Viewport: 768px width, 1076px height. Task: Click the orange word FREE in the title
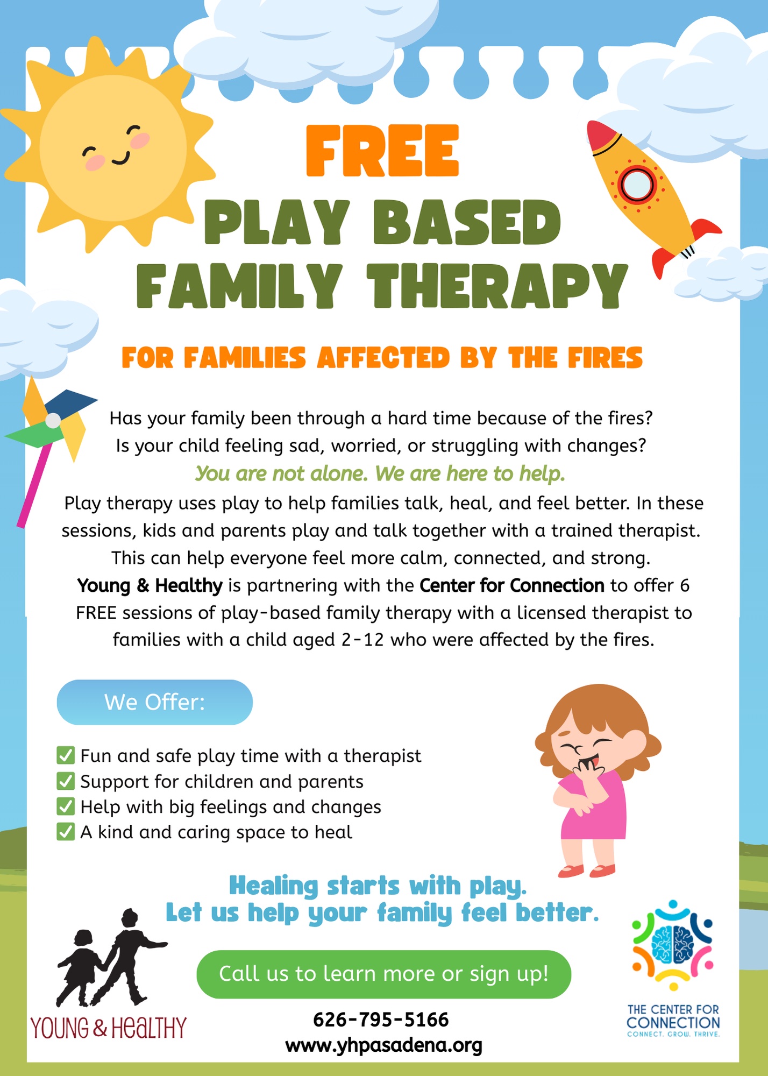(x=382, y=151)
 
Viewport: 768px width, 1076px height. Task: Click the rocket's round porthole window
(x=638, y=185)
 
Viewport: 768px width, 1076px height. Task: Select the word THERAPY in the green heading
(x=497, y=286)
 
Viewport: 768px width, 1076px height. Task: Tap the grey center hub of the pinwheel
(x=53, y=420)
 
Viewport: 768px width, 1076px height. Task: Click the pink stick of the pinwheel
(x=35, y=484)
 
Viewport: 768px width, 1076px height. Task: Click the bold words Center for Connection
(x=512, y=585)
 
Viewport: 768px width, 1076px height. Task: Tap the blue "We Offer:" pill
(x=155, y=702)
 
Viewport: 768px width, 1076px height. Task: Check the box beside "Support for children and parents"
(x=66, y=781)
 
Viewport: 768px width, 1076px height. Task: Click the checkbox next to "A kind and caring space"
(x=66, y=832)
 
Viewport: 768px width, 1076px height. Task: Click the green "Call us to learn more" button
(x=383, y=974)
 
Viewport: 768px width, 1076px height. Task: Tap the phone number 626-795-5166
(x=381, y=1020)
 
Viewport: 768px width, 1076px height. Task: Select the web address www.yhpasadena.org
(x=384, y=1045)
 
